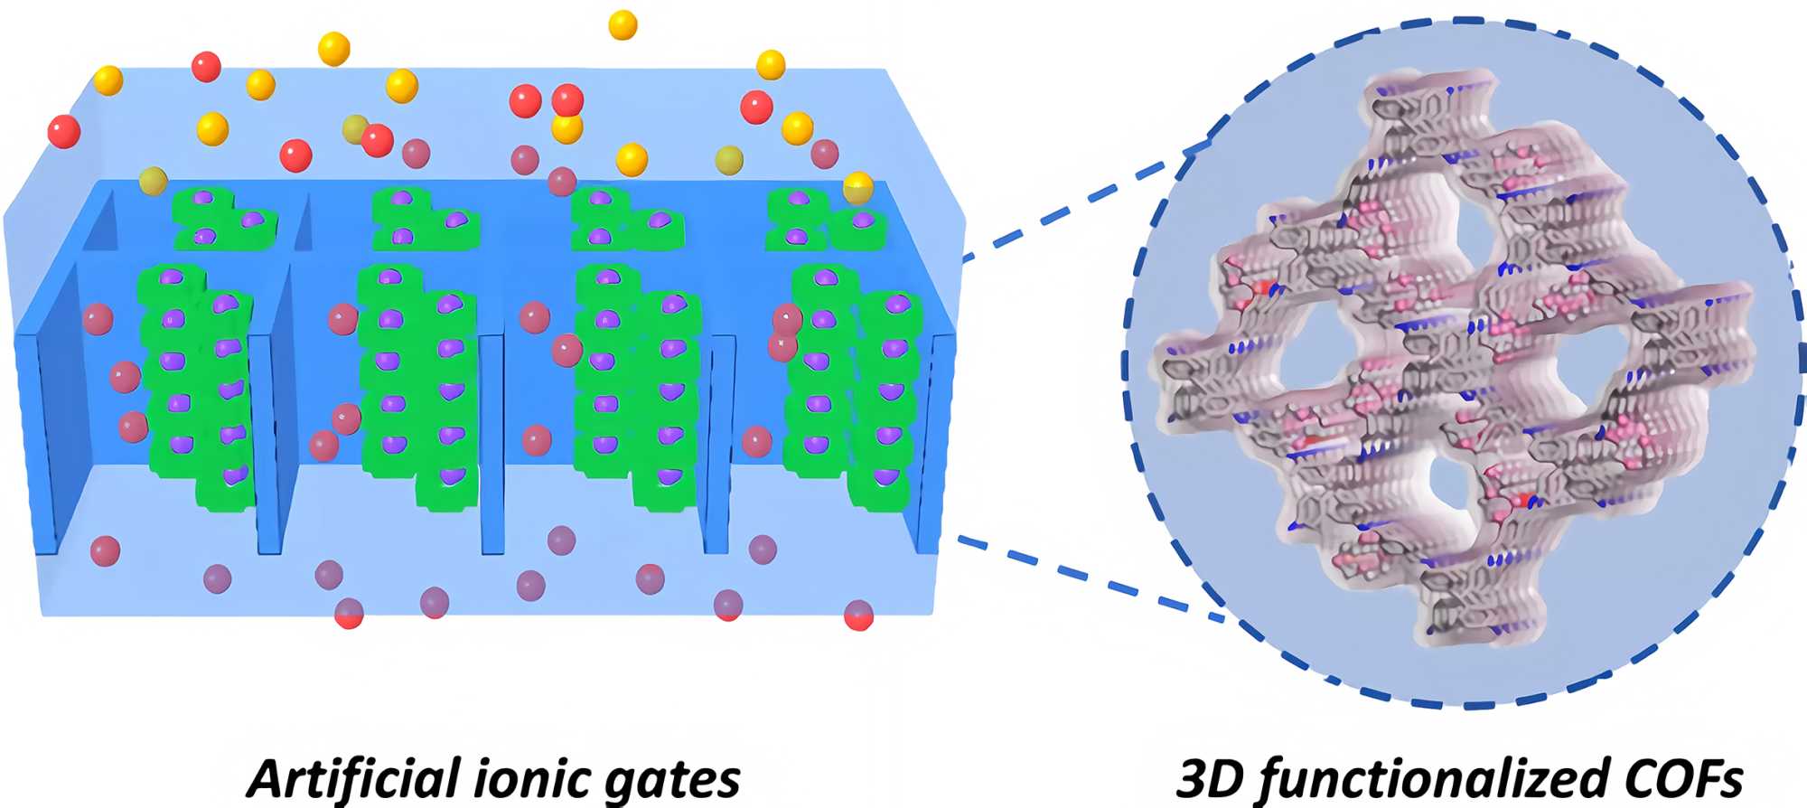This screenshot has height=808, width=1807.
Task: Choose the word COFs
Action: pyautogui.click(x=1671, y=778)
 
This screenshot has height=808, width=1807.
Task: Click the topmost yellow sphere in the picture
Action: pyautogui.click(x=623, y=24)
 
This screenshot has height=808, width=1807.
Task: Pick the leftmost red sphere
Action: pyautogui.click(x=63, y=132)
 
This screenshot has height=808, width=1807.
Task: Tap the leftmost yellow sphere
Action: pyautogui.click(x=108, y=80)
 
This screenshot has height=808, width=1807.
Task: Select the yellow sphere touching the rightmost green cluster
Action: pyautogui.click(x=857, y=188)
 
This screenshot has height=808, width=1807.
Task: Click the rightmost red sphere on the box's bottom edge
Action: pyautogui.click(x=858, y=615)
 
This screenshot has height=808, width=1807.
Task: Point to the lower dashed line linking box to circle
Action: pyautogui.click(x=1084, y=578)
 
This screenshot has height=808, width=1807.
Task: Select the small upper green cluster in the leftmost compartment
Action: pyautogui.click(x=217, y=218)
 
